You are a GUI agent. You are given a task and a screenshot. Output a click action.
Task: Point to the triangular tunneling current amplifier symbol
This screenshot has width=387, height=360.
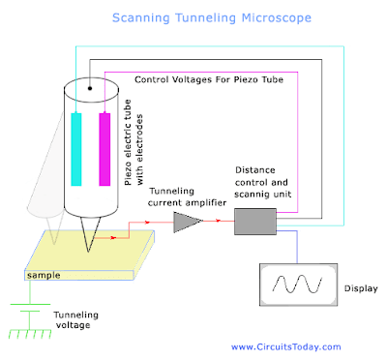[186, 222]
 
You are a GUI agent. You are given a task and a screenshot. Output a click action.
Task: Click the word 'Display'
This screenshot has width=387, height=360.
[360, 287]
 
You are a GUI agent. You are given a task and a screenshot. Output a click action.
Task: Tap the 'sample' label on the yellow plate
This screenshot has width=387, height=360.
[44, 276]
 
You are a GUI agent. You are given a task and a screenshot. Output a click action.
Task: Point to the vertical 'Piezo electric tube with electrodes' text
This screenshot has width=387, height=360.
[135, 145]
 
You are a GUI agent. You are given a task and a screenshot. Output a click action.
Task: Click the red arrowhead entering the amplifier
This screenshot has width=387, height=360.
[167, 222]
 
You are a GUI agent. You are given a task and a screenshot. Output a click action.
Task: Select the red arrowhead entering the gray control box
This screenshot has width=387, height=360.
[231, 222]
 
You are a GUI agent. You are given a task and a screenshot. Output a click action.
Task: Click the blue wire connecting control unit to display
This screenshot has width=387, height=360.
[281, 248]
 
